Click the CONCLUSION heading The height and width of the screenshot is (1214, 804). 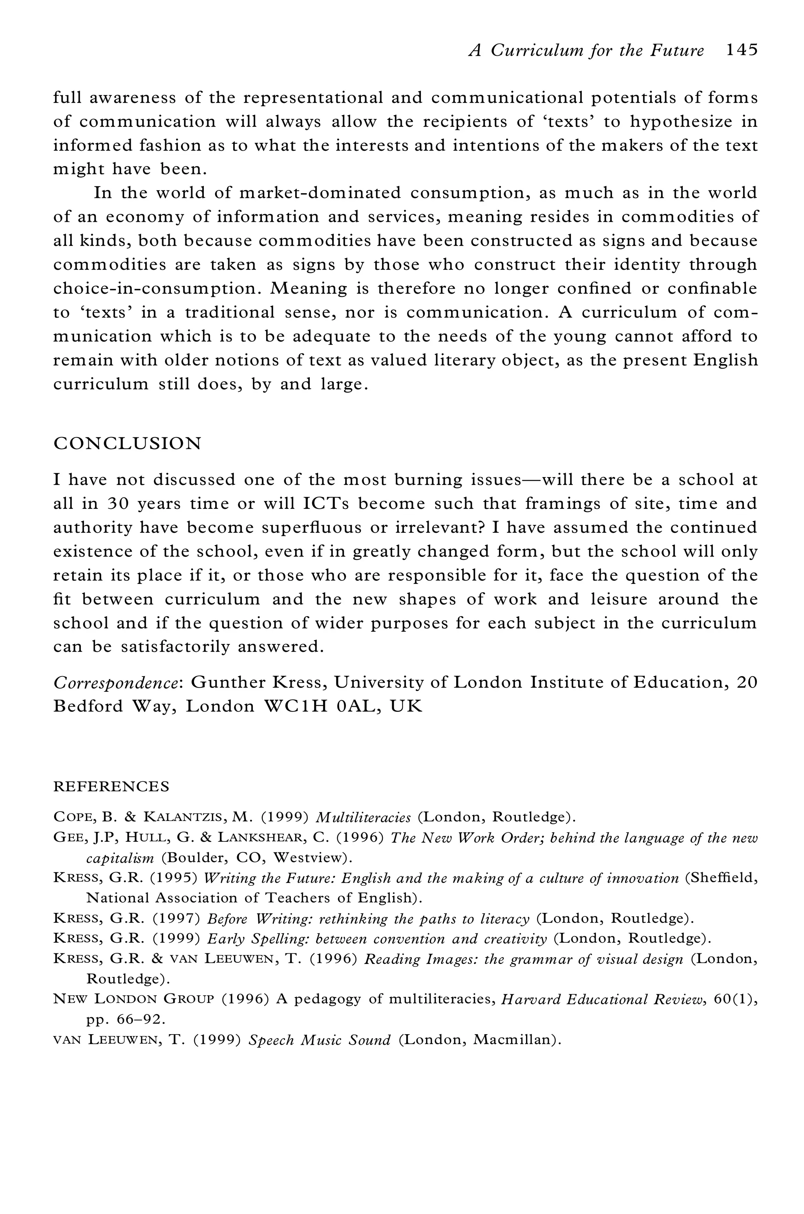127,443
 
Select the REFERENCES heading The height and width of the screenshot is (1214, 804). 111,786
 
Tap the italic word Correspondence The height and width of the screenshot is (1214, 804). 115,683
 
